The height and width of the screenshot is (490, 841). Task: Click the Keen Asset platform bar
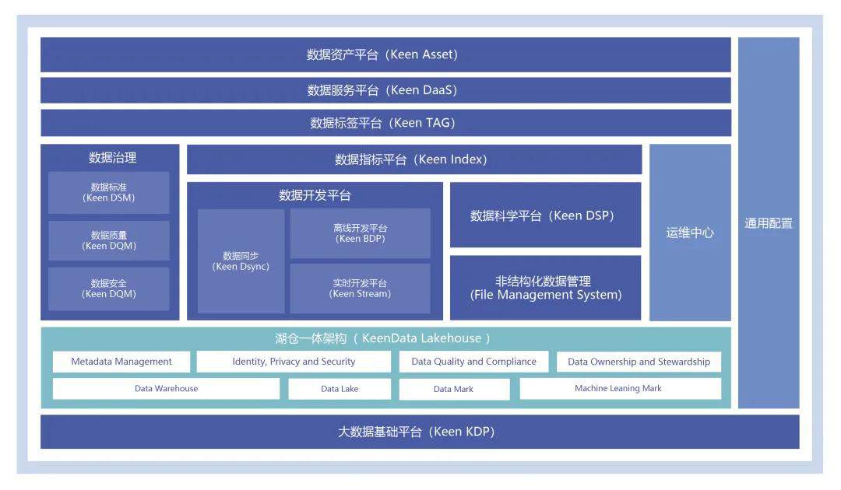(x=385, y=54)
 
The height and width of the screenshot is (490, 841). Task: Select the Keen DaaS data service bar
(x=385, y=90)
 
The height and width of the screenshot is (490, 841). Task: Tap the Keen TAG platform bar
(x=385, y=123)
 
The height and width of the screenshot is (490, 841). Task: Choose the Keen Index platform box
(x=414, y=159)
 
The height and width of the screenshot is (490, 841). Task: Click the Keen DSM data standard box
(x=109, y=193)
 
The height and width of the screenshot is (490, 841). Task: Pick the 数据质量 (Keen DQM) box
(x=109, y=240)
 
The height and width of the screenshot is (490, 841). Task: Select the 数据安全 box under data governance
(x=109, y=289)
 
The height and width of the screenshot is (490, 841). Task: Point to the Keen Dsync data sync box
(x=241, y=261)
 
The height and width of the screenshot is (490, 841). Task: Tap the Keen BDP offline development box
(x=361, y=233)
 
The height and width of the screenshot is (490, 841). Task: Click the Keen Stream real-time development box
(x=361, y=289)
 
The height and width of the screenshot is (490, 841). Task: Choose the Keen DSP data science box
(x=545, y=215)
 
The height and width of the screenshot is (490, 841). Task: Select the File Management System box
(x=545, y=288)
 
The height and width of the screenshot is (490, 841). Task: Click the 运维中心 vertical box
(x=690, y=233)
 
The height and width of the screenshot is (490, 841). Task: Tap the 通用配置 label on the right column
(x=769, y=223)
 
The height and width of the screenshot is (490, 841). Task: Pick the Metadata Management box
(x=121, y=362)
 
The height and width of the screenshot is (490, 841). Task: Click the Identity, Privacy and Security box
(x=294, y=362)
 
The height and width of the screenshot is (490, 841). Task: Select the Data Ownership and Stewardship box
(x=639, y=362)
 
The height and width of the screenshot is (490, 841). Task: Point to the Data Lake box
(x=340, y=389)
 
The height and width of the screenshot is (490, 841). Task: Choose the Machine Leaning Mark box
(x=620, y=389)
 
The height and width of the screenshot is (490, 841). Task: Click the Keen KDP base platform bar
(x=419, y=432)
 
